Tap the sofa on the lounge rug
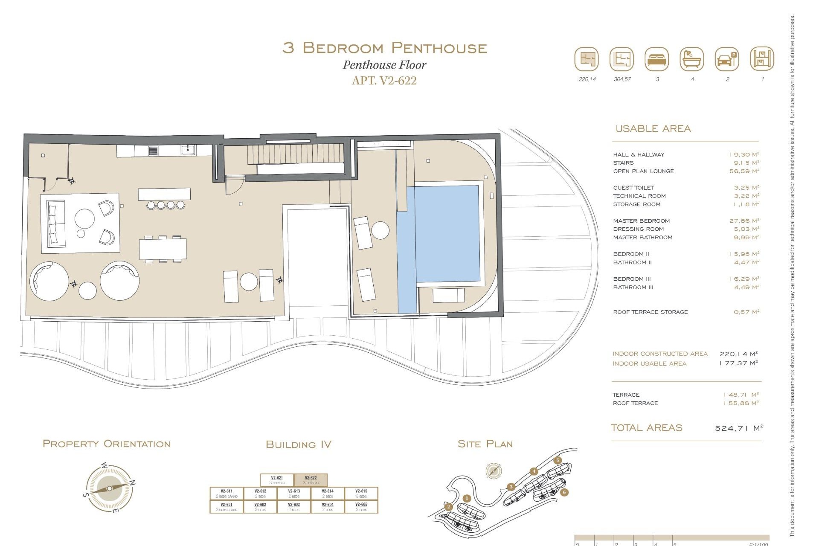[x=55, y=224]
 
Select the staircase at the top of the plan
[x=296, y=154]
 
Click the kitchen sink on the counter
[x=188, y=150]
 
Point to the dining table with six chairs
[x=163, y=249]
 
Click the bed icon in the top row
[x=657, y=59]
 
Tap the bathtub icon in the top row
[x=692, y=59]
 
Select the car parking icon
[x=727, y=59]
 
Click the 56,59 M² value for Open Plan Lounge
[x=744, y=171]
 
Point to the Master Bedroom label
[x=641, y=221]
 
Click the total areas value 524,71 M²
[x=738, y=428]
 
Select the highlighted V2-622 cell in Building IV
[x=311, y=480]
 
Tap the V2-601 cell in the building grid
[x=227, y=506]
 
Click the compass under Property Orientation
[x=109, y=488]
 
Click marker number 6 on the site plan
[x=564, y=492]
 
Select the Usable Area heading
[x=653, y=128]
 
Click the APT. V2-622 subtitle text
[x=384, y=80]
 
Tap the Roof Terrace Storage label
[x=650, y=312]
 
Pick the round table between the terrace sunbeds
[x=249, y=282]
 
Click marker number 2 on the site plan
[x=448, y=507]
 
